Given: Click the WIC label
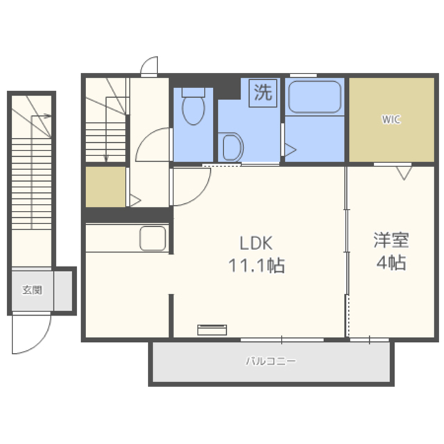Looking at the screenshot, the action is tap(391, 119).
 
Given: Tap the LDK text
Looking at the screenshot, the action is tap(256, 243).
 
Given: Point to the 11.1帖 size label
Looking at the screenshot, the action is tap(256, 266).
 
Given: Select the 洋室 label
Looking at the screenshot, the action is tap(391, 240).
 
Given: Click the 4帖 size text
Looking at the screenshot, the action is tap(391, 262).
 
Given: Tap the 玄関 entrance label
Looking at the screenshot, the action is tap(32, 290).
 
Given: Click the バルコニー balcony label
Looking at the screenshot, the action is tap(271, 361).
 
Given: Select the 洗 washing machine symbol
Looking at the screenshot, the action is tap(263, 93).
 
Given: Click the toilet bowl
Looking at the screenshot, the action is tap(194, 107).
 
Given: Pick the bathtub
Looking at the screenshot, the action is tap(314, 97).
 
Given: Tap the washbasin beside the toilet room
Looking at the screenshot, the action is tap(232, 147).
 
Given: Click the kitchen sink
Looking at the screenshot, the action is tap(153, 239).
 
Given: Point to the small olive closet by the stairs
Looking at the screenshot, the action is tap(105, 187).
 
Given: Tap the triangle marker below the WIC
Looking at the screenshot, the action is tap(404, 173).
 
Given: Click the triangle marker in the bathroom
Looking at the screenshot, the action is tap(290, 150).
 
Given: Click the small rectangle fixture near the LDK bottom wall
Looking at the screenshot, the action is tap(212, 330).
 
